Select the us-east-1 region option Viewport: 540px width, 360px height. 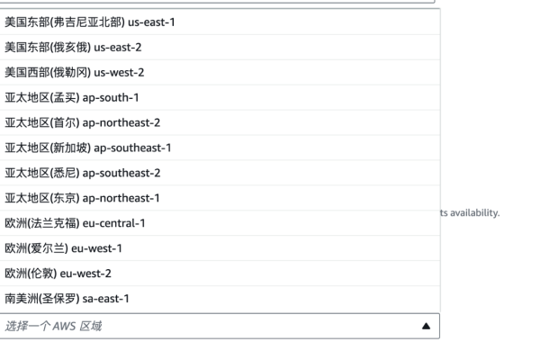point(89,22)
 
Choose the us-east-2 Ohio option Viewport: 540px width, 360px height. point(73,48)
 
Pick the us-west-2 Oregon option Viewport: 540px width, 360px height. point(75,73)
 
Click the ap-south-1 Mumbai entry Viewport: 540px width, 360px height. point(72,98)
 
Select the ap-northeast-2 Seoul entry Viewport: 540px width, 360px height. point(82,123)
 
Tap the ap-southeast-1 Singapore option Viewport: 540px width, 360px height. point(88,148)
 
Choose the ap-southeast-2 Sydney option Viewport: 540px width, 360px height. point(82,174)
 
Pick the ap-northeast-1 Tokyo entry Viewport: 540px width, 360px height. point(82,198)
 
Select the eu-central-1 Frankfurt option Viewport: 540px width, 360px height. point(75,223)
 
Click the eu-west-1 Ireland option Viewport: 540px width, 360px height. point(63,248)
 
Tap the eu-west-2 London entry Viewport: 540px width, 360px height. point(58,274)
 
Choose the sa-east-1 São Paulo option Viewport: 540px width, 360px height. point(67,299)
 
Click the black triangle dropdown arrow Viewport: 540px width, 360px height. point(426,326)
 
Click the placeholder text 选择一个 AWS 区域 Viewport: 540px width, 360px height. point(53,326)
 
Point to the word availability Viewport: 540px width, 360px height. point(475,213)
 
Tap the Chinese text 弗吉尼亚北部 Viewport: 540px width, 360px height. point(88,22)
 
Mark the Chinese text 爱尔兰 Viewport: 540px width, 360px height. point(49,248)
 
